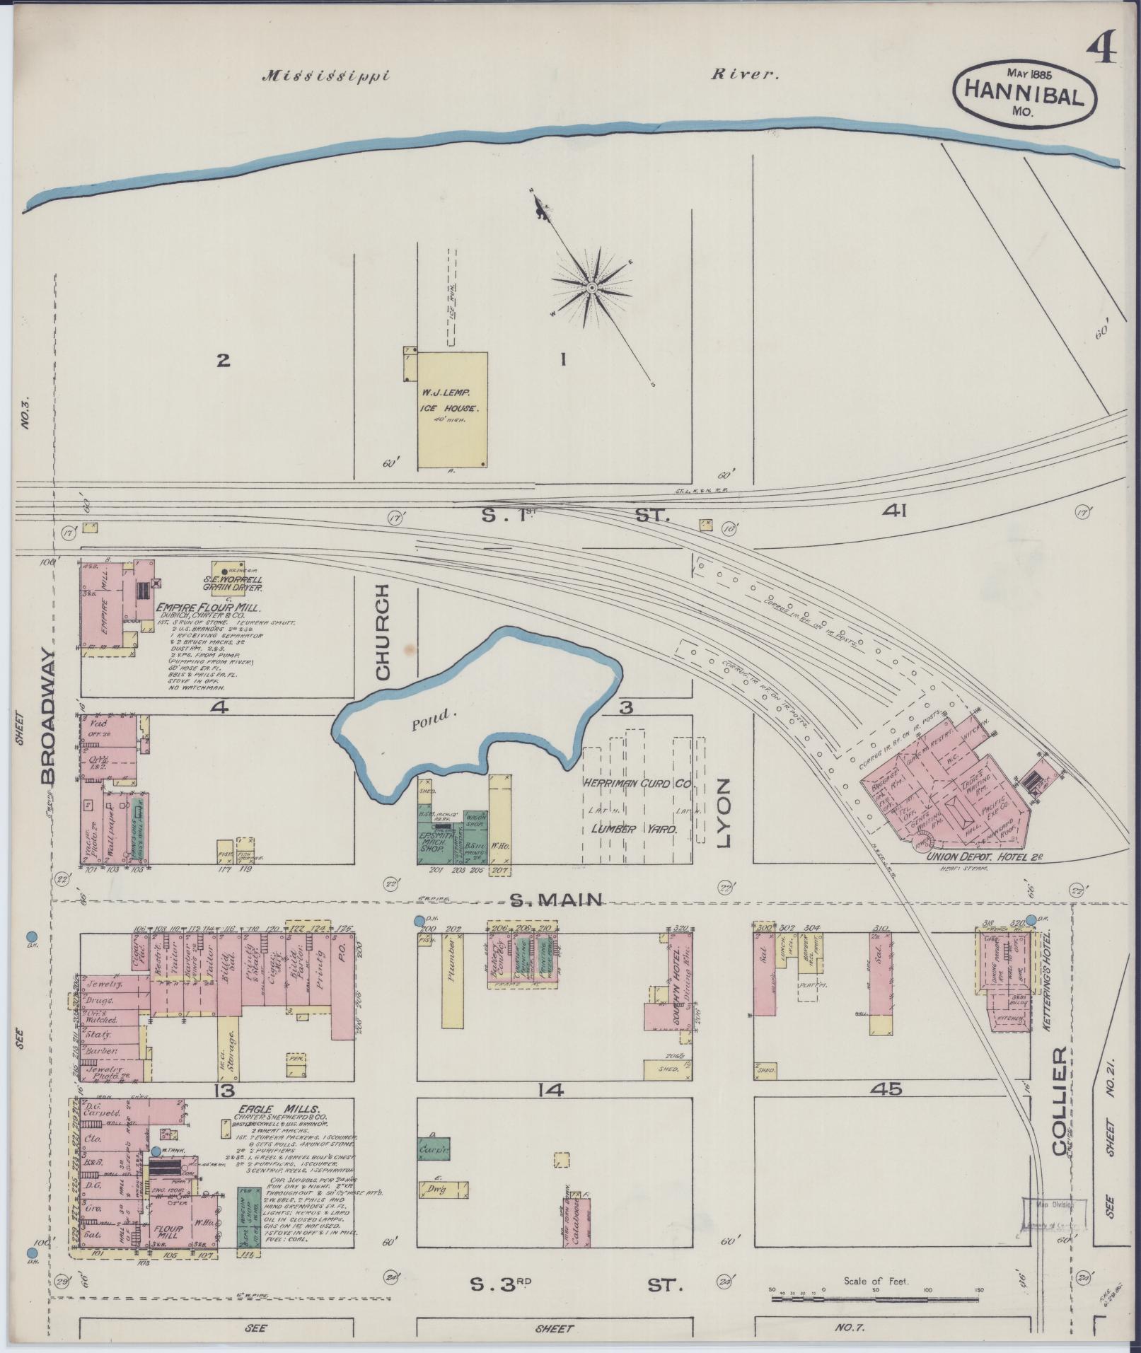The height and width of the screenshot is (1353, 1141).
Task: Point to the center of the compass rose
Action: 591,288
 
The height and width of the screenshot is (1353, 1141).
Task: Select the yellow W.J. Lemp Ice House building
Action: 452,410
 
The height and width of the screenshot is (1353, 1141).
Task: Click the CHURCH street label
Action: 383,632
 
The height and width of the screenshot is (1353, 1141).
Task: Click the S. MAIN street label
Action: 557,900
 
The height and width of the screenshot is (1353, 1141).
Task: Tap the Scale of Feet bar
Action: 875,1298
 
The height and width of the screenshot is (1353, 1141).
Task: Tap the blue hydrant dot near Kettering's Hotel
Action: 1031,919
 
